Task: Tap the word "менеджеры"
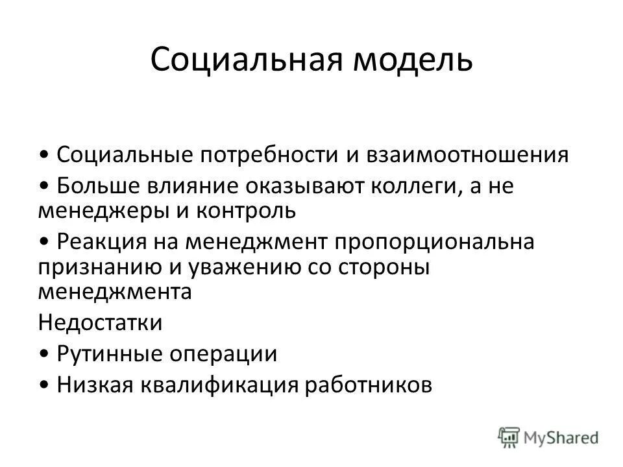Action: pyautogui.click(x=106, y=209)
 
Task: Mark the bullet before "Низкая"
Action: pyautogui.click(x=43, y=385)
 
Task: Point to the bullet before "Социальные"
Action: pyautogui.click(x=43, y=156)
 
